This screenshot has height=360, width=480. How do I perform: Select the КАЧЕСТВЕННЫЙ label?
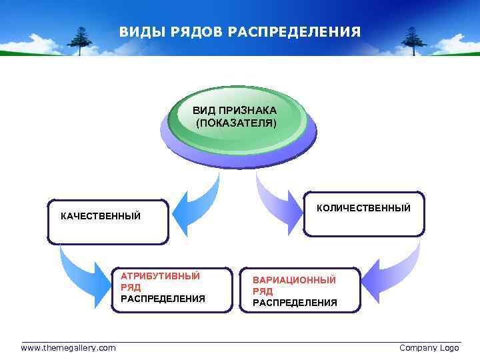(x=101, y=216)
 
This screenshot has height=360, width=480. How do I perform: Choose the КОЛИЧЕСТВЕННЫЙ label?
(x=363, y=209)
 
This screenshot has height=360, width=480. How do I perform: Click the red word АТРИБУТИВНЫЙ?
(x=160, y=275)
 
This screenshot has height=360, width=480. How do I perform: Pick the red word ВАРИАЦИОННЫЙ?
(x=294, y=280)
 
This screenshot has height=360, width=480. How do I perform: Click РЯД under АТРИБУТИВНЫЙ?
(x=131, y=287)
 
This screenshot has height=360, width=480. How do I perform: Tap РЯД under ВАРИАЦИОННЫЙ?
(x=263, y=291)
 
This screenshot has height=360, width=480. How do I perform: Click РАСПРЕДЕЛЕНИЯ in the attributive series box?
(x=163, y=299)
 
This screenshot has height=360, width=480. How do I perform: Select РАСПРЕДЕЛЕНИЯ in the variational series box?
(x=295, y=303)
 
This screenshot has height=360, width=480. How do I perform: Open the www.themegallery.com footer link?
(x=68, y=348)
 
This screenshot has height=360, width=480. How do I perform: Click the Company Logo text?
(x=429, y=348)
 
